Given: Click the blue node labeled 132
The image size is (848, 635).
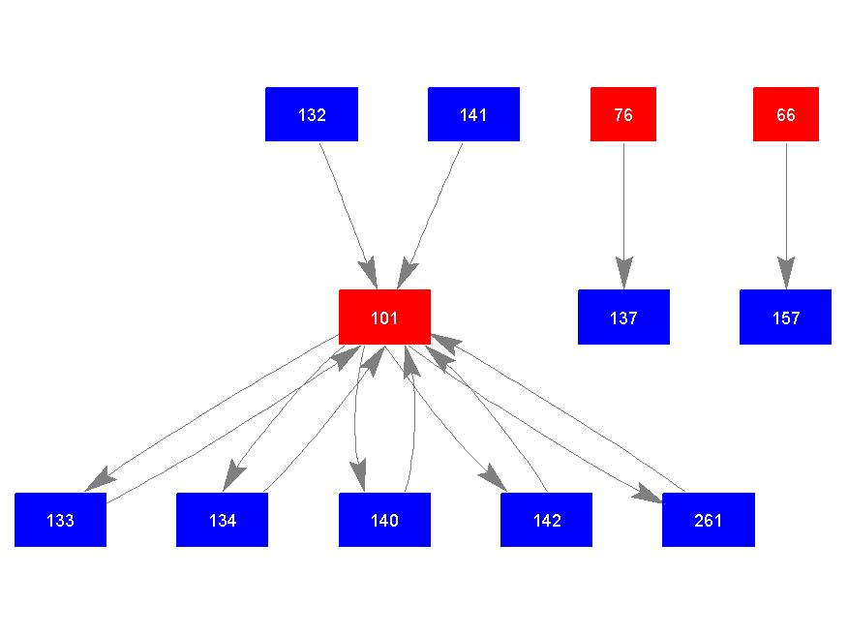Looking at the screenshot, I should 312,114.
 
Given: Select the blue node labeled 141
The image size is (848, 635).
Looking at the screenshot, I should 473,114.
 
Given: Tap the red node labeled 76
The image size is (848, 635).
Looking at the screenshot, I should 623,114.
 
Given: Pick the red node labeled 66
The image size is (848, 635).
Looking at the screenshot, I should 786,114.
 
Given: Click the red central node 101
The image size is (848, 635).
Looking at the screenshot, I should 384,317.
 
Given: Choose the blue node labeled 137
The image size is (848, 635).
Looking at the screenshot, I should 623,317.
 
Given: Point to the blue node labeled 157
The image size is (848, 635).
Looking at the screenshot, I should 785,317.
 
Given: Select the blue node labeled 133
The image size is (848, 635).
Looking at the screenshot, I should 60,520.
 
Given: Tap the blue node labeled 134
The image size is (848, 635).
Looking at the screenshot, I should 222,520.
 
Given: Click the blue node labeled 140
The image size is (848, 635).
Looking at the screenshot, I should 384,520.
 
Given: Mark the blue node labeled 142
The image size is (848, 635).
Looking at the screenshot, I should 546,520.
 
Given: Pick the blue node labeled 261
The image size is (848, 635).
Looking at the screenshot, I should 708,520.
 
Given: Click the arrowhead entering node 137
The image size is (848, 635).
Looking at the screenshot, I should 623,275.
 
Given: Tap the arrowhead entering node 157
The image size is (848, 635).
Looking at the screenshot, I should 786,275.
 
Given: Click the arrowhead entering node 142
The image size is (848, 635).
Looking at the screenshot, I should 493,478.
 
